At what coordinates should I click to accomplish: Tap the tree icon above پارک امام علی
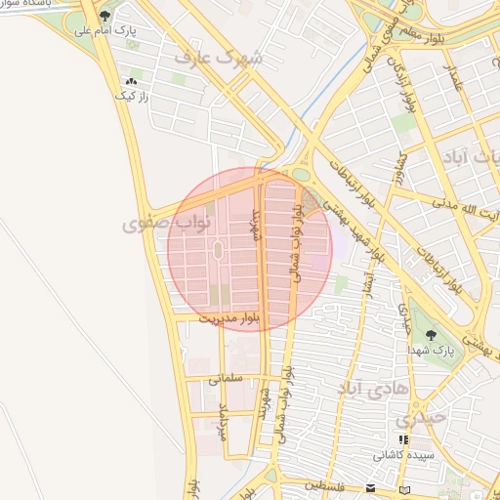point(105,16)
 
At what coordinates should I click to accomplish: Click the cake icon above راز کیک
point(131,81)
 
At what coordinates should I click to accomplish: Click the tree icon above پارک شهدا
point(431,335)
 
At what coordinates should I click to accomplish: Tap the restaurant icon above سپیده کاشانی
point(403,440)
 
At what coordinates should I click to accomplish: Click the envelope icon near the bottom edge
point(370,487)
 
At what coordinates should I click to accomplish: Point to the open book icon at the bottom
point(405,487)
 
